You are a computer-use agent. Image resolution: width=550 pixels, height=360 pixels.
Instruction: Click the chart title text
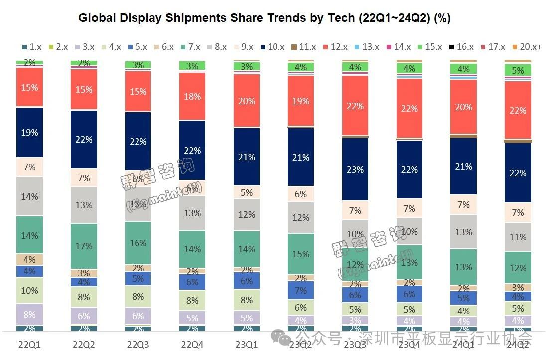click(x=265, y=19)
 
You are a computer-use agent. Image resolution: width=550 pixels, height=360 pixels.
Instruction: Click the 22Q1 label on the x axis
click(x=30, y=344)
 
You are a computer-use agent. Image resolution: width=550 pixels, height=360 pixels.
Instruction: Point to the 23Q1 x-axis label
click(x=247, y=344)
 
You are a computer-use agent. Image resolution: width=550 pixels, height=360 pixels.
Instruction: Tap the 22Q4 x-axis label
click(x=192, y=344)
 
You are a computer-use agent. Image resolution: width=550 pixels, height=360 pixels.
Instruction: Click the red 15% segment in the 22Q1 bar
click(x=30, y=87)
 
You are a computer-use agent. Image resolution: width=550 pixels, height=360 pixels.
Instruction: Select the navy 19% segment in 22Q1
click(x=30, y=132)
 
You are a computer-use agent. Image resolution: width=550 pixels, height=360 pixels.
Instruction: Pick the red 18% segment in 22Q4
click(x=192, y=97)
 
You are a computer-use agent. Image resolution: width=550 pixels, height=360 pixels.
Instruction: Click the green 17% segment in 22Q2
click(x=84, y=246)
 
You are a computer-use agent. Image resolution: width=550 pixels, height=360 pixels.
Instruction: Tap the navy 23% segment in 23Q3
click(x=355, y=169)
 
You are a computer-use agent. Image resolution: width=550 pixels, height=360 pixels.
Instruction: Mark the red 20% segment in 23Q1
click(x=247, y=101)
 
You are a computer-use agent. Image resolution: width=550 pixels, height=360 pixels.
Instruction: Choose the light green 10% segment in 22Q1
click(x=30, y=290)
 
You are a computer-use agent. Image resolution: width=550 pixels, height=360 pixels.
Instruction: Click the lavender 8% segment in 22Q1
click(x=30, y=314)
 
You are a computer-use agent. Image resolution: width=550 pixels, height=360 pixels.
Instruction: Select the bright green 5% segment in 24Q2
click(x=518, y=70)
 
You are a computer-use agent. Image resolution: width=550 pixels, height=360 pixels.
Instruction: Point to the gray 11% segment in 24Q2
click(x=518, y=237)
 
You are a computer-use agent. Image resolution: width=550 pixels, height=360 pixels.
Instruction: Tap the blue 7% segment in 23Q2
click(x=301, y=290)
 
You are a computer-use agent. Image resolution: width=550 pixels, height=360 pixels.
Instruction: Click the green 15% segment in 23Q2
click(x=301, y=254)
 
